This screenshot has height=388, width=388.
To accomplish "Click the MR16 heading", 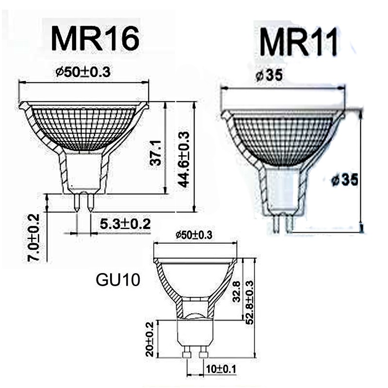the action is pyautogui.click(x=95, y=39).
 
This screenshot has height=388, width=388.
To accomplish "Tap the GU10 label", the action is pyautogui.click(x=118, y=280).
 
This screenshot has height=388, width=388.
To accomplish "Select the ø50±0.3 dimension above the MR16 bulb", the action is pyautogui.click(x=83, y=72).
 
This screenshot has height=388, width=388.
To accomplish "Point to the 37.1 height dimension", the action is pyautogui.click(x=156, y=153).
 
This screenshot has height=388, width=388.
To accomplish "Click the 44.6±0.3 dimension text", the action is pyautogui.click(x=184, y=160).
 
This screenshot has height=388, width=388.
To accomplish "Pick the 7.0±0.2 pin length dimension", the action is pyautogui.click(x=33, y=238).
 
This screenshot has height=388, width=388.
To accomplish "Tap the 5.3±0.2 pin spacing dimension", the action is pyautogui.click(x=125, y=224).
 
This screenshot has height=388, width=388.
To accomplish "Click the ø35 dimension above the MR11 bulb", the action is pyautogui.click(x=269, y=75).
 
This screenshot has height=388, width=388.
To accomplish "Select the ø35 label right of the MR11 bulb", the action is pyautogui.click(x=345, y=180).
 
